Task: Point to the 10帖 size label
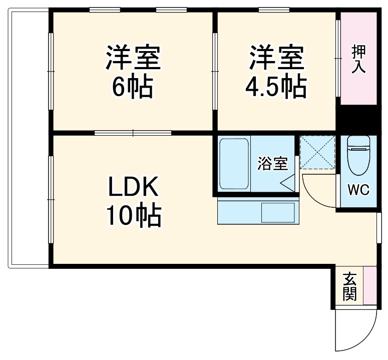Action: [x=133, y=217]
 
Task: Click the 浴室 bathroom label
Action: [x=272, y=164]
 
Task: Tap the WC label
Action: [x=358, y=190]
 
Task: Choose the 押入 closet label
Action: [x=358, y=59]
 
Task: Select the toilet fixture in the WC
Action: [x=358, y=155]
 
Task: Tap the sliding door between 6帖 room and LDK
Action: [x=133, y=133]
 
